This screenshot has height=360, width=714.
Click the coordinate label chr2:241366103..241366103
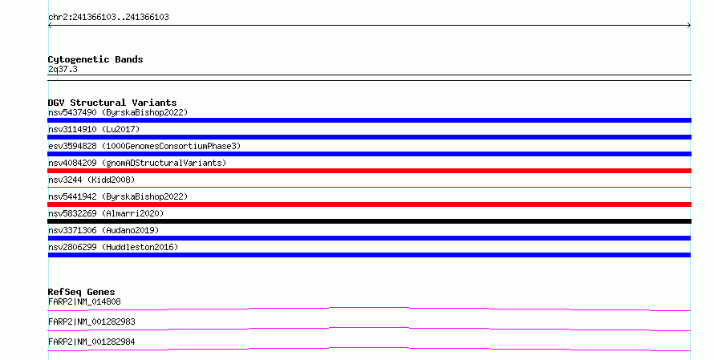tap(108, 17)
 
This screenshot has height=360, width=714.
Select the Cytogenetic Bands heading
tap(95, 59)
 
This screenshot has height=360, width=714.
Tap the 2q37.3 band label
tap(63, 69)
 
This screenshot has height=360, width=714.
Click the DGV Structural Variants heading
tap(112, 103)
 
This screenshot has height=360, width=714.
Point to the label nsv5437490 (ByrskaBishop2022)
tap(118, 112)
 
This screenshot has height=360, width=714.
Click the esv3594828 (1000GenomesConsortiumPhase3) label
tap(144, 146)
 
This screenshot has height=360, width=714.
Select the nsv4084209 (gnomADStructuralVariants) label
tap(137, 163)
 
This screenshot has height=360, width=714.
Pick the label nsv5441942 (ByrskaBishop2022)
tap(118, 196)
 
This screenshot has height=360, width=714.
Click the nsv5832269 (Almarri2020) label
tap(106, 213)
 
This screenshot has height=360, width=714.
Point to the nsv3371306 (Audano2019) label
tap(103, 230)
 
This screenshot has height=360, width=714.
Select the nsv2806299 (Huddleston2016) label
tap(113, 247)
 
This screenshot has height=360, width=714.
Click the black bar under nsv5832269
tap(369, 221)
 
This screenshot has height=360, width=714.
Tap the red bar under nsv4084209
tap(369, 171)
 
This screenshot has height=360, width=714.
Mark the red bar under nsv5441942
tap(369, 204)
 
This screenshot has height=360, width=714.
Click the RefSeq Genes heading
tap(81, 292)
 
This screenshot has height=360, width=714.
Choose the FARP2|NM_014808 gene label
tap(84, 301)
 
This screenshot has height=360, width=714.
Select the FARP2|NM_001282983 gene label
tap(91, 322)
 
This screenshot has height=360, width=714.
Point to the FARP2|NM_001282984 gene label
tap(91, 342)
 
